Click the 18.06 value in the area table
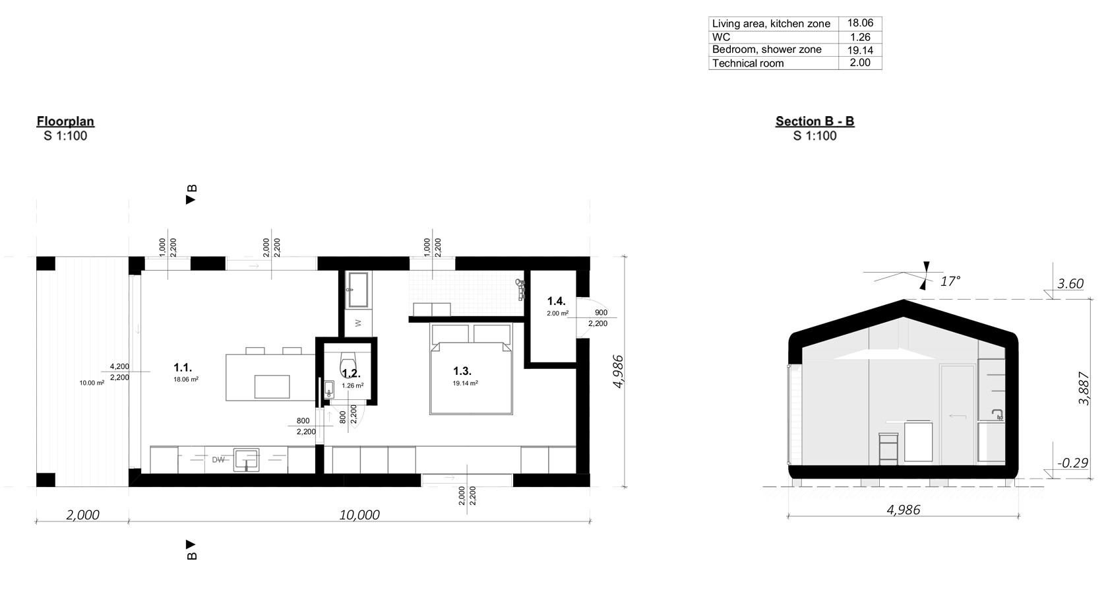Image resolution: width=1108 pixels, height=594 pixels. (x=860, y=23)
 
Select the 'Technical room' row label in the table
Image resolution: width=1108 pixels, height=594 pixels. (x=748, y=63)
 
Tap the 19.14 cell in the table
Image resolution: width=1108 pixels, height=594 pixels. (x=860, y=50)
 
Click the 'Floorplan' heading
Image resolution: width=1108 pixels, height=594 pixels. (x=65, y=121)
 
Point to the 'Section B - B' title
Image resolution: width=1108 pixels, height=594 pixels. (x=815, y=121)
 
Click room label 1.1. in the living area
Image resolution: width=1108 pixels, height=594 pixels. (x=183, y=367)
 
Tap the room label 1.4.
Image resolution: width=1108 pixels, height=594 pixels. (x=556, y=302)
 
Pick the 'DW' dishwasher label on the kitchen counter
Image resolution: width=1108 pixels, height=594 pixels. (x=218, y=459)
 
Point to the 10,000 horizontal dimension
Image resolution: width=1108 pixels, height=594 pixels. (x=359, y=515)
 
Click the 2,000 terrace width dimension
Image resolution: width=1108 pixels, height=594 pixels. (x=82, y=515)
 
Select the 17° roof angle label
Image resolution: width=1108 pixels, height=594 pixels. (x=950, y=282)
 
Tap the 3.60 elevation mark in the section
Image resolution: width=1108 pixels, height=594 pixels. (x=1070, y=284)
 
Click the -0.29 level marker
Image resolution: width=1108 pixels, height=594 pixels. (x=1072, y=463)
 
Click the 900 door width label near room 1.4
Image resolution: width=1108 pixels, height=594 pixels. (x=600, y=313)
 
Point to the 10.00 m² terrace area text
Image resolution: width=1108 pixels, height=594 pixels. (x=92, y=383)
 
